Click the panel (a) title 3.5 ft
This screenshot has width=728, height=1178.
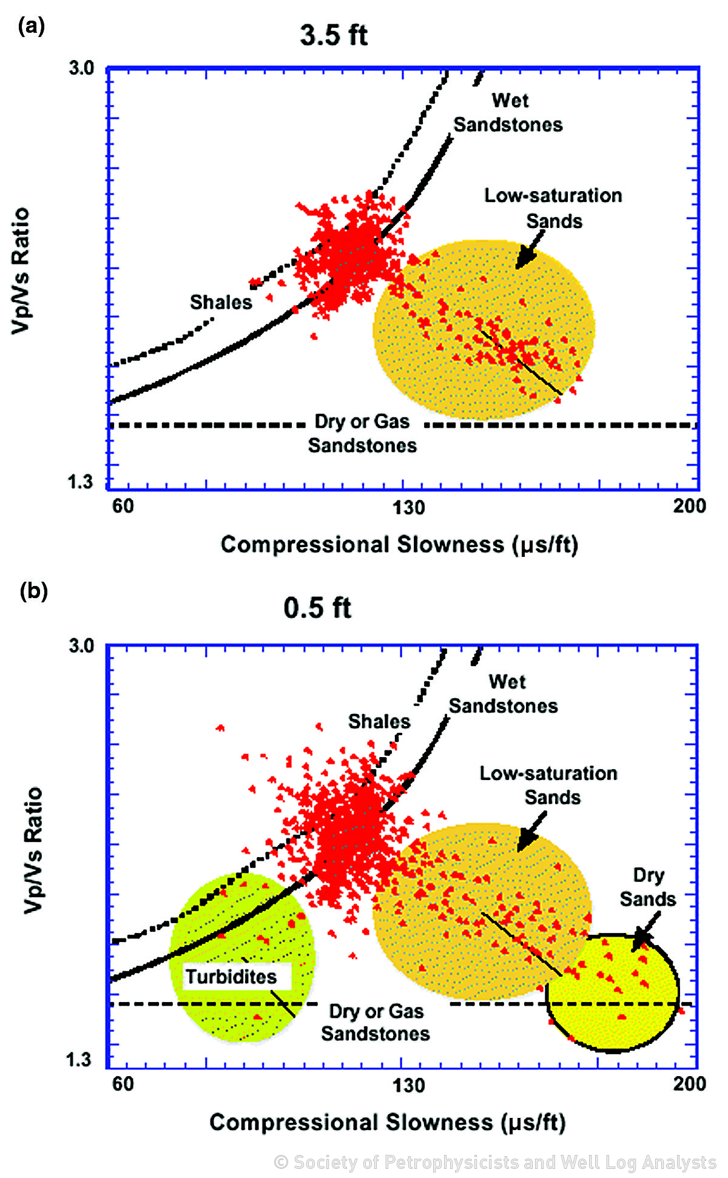[x=334, y=35]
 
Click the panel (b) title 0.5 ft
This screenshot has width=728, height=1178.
[x=317, y=608]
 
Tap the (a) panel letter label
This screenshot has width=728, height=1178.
[x=31, y=26]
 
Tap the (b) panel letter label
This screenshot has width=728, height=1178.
[x=33, y=590]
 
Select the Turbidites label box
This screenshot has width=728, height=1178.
[x=237, y=977]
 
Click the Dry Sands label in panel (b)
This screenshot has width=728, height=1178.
[x=648, y=887]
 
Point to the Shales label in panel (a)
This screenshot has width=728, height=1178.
[x=221, y=302]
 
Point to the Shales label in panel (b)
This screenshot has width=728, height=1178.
[x=379, y=721]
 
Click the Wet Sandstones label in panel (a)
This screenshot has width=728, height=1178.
[x=508, y=113]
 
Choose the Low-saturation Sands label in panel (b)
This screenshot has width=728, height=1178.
[x=548, y=785]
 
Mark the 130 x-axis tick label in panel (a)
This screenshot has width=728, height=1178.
[x=408, y=507]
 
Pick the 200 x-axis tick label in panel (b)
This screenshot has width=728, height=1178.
[x=689, y=1083]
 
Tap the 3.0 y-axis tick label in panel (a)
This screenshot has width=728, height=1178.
[x=81, y=68]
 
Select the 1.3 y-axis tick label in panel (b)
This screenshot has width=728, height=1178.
[x=79, y=1060]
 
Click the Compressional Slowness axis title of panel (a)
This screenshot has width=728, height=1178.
[x=399, y=545]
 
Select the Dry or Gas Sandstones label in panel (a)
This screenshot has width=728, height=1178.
[x=362, y=434]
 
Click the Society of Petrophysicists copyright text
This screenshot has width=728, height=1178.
[x=495, y=1162]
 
